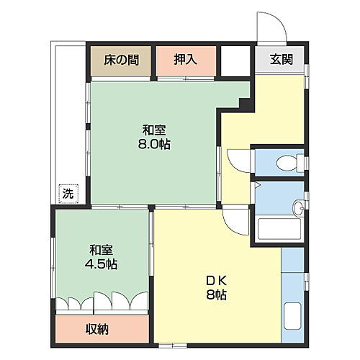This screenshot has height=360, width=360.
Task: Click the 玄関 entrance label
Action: coord(281,60)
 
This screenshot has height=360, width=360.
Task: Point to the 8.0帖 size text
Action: coord(155,144)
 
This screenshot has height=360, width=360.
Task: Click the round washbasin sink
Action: coord(297,210)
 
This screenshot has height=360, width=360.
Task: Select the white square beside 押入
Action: coord(234,60)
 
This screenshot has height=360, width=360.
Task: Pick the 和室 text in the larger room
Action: coord(154,130)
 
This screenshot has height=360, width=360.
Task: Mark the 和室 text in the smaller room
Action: coord(102,250)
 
